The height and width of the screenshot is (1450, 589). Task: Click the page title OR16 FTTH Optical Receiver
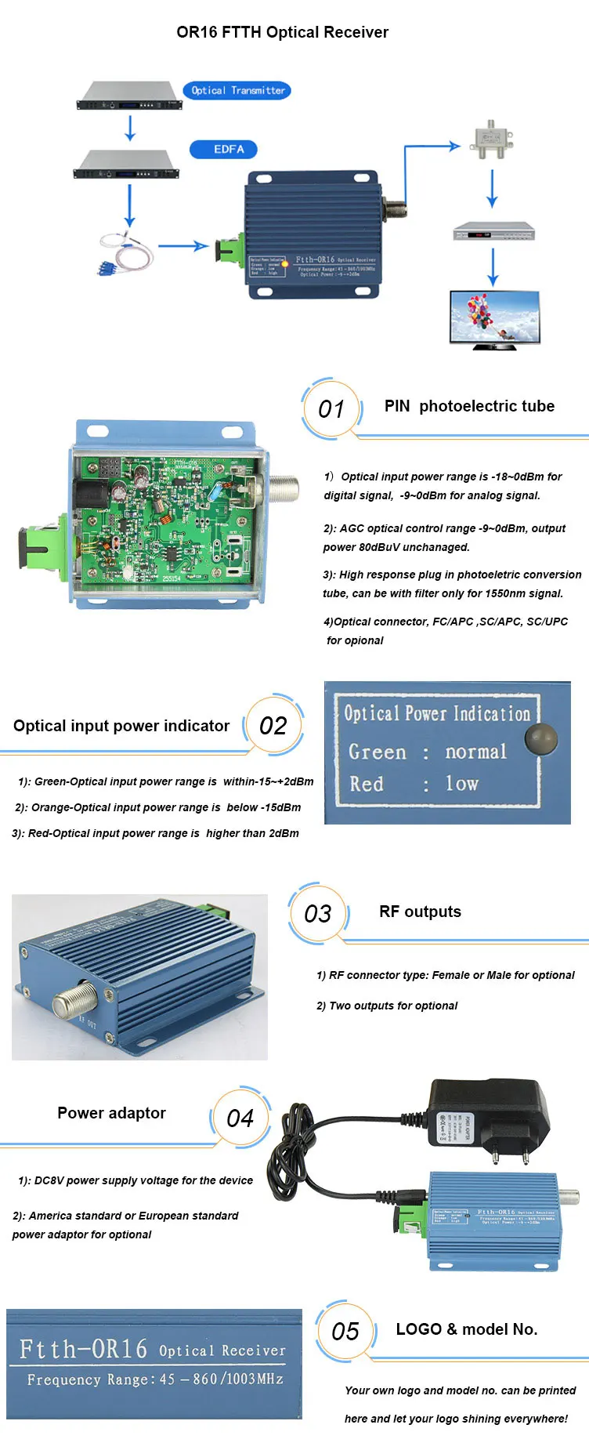click(x=282, y=32)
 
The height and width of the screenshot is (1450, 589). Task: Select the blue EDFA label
click(x=224, y=149)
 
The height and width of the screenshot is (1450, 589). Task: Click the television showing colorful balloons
click(x=494, y=317)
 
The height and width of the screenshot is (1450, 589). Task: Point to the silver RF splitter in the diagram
click(x=491, y=140)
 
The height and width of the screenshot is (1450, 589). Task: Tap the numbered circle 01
click(x=331, y=408)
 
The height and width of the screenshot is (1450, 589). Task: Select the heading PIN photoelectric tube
click(x=468, y=406)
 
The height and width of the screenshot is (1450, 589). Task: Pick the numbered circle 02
click(x=273, y=726)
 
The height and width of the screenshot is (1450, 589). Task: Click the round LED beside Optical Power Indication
click(x=540, y=738)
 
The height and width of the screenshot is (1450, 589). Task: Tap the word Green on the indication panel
click(x=378, y=752)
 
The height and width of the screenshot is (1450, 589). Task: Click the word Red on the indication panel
click(x=366, y=784)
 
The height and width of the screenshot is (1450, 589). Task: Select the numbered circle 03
click(x=317, y=914)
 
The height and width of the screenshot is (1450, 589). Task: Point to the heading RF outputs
click(x=420, y=912)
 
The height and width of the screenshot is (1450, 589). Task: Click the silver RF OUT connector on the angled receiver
click(x=74, y=1000)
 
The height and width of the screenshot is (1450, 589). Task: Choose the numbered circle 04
click(x=240, y=1118)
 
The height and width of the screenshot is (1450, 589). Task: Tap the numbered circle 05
click(x=345, y=1332)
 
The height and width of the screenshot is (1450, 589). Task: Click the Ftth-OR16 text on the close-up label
click(x=83, y=1349)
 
